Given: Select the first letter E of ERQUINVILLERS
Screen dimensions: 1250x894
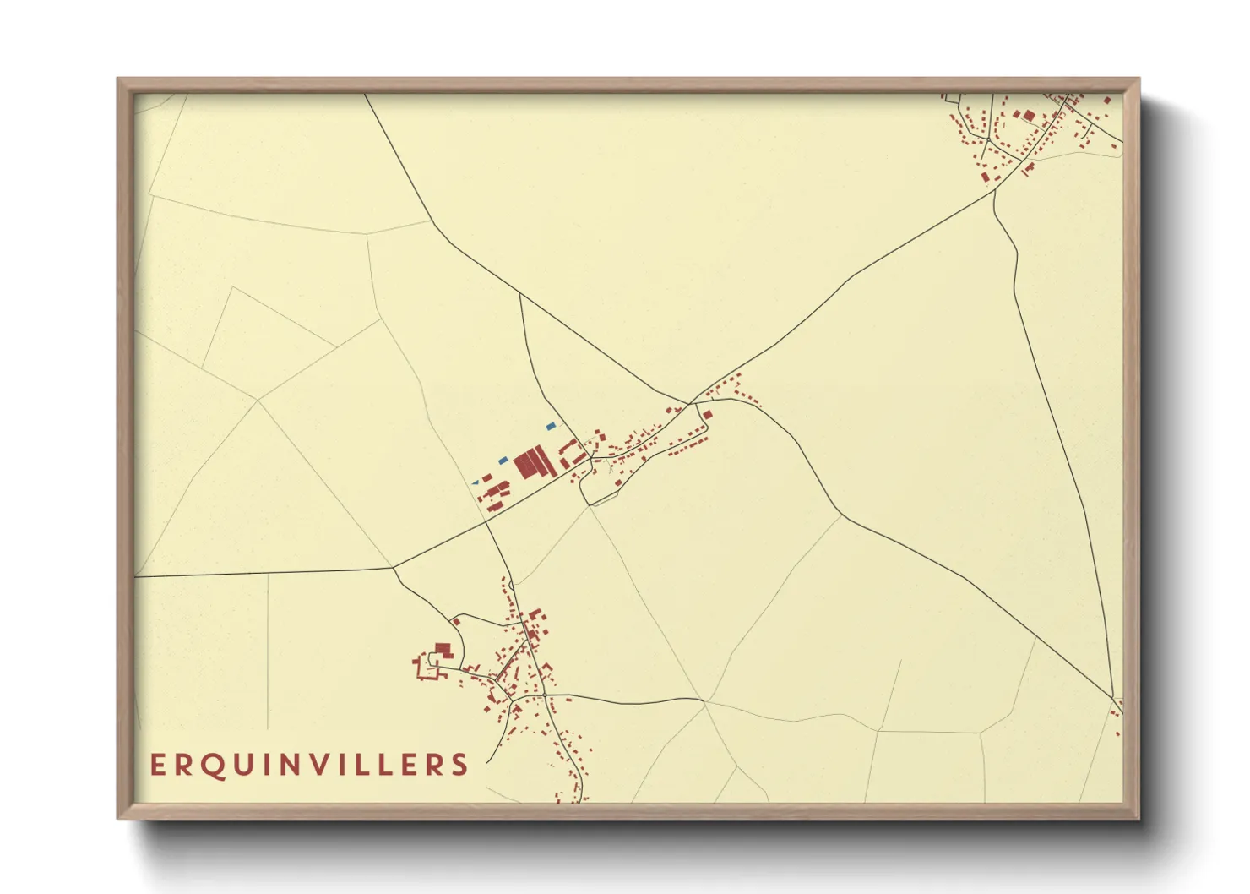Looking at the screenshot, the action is tap(157, 766).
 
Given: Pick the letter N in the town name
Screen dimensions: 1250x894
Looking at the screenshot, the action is tap(307, 766).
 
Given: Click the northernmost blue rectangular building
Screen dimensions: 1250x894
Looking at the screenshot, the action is tap(552, 426).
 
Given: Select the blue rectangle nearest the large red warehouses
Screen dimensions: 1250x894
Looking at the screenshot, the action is tap(503, 461).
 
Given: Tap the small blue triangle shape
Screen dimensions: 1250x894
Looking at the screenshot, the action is tap(476, 482).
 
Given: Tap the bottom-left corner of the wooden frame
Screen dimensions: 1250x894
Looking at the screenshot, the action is tap(119, 817).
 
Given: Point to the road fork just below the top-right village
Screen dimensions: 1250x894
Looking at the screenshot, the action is tap(996, 192).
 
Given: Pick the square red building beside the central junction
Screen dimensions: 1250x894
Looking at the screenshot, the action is tap(708, 415).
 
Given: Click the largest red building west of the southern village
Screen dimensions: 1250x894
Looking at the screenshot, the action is tap(443, 649).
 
